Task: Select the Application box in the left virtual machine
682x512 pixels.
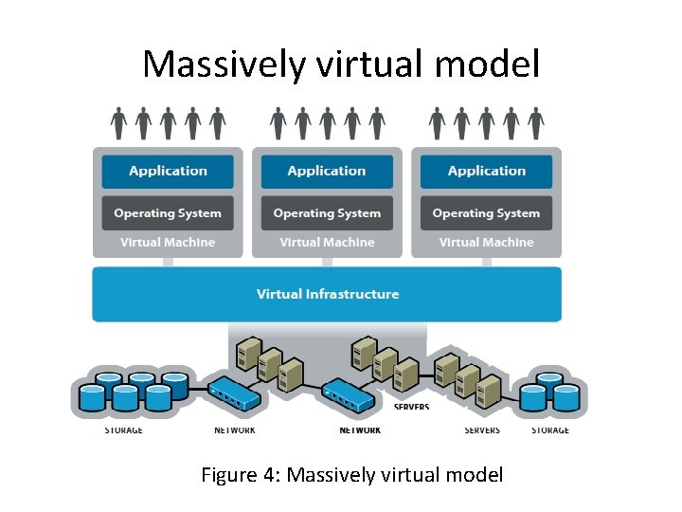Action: coord(168,172)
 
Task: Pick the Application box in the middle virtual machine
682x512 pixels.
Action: coord(327,172)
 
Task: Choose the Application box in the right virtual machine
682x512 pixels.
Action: coord(486,172)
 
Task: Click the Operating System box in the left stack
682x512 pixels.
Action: coord(168,213)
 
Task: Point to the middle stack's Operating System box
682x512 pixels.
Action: coord(327,213)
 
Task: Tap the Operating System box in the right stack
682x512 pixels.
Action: coord(486,213)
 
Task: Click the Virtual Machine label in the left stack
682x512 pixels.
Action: coord(168,243)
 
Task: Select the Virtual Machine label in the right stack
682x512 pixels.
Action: coord(486,243)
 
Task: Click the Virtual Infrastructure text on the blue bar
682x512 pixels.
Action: coord(327,294)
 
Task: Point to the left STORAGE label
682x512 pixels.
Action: coord(123,430)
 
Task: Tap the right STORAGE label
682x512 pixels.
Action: coord(549,430)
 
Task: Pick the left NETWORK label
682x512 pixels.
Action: coord(235,430)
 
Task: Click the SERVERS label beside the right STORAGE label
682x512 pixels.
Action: coord(482,430)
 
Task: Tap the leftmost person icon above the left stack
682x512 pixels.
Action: coord(118,122)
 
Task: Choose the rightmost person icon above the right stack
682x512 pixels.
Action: coord(536,122)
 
